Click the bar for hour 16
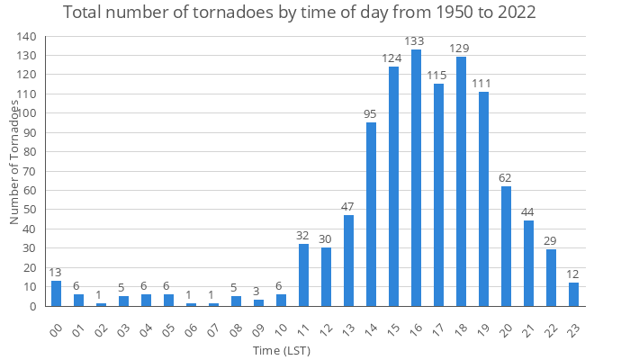tap(416, 178)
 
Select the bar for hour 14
tap(371, 214)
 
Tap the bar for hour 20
tap(506, 246)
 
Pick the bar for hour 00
tap(56, 293)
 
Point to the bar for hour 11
tap(303, 275)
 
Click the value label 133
tap(416, 40)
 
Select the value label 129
tap(461, 49)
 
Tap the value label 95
tap(371, 113)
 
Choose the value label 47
tap(348, 207)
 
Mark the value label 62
tap(506, 177)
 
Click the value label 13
tap(56, 272)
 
